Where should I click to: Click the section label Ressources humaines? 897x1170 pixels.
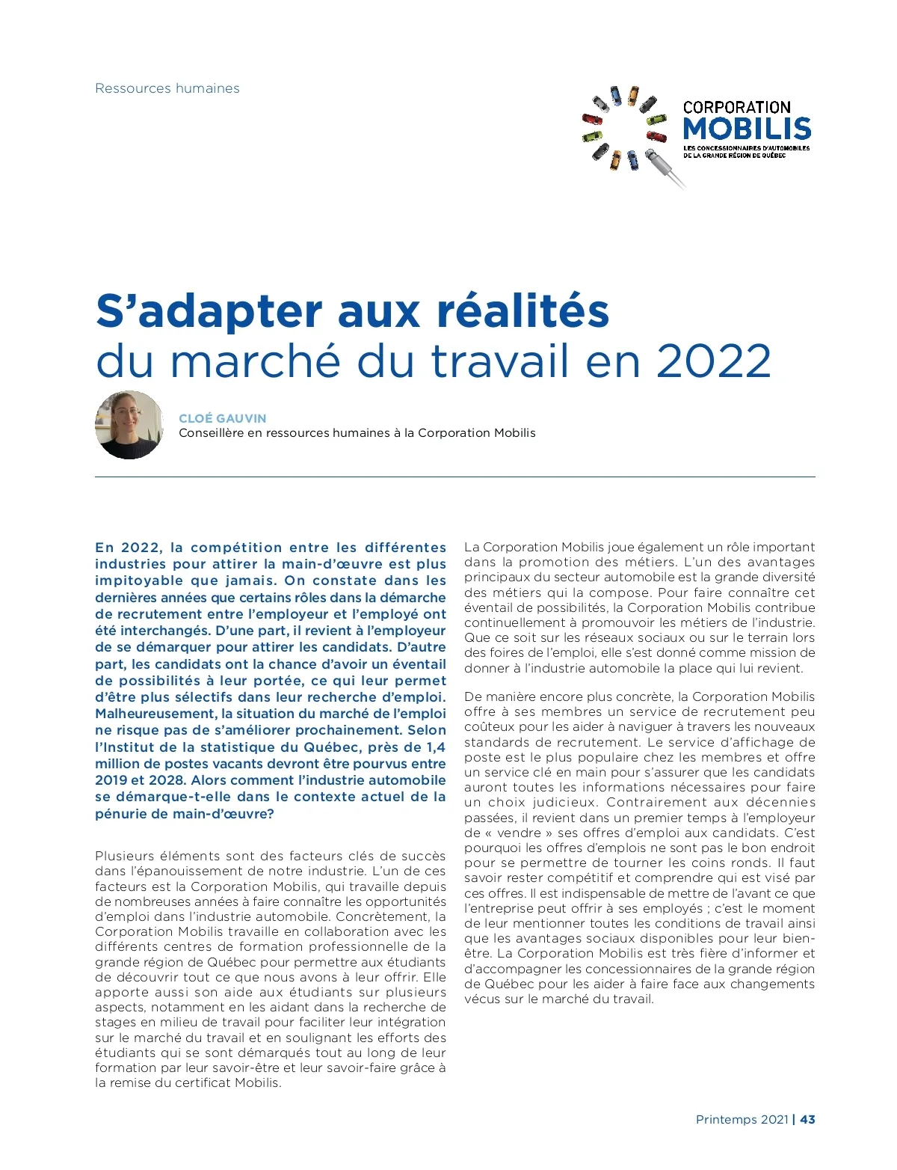coord(167,88)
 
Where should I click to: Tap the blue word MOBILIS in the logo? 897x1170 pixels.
coord(747,129)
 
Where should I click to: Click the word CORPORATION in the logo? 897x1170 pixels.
coord(736,108)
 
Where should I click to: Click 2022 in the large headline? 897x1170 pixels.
coord(714,361)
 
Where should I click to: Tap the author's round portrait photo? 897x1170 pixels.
coord(129,425)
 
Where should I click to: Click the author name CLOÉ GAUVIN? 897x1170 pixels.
coord(223,418)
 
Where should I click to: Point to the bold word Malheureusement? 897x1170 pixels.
coord(155,714)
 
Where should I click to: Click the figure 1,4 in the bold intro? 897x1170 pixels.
coord(436,747)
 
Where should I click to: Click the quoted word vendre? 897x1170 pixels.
coord(519,833)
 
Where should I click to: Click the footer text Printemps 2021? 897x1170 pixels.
coord(742,1120)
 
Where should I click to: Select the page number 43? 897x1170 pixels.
coord(807,1120)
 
